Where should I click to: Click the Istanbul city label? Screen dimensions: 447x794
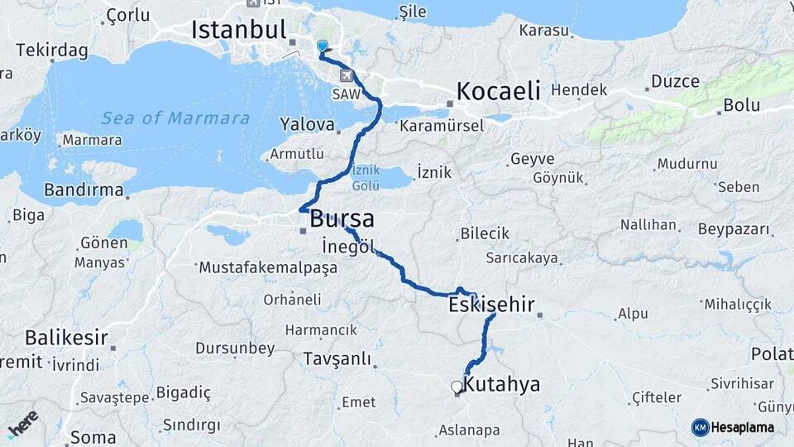(238, 30)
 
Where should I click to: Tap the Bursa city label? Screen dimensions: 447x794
(342, 219)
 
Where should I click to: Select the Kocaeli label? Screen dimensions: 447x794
(498, 90)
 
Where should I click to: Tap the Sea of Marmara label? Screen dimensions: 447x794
(175, 118)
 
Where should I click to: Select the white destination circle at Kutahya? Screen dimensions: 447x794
(456, 387)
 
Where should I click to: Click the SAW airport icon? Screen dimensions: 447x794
(346, 76)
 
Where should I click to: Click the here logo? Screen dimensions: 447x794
(22, 424)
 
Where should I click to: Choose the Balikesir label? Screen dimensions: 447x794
(66, 338)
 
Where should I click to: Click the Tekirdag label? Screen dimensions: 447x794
(51, 50)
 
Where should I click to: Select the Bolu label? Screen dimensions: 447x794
(741, 105)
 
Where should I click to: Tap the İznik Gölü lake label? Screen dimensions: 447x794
(366, 177)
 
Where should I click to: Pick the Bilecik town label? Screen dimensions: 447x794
(485, 233)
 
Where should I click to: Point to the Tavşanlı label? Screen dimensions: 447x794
(337, 359)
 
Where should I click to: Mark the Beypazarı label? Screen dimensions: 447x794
(734, 228)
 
